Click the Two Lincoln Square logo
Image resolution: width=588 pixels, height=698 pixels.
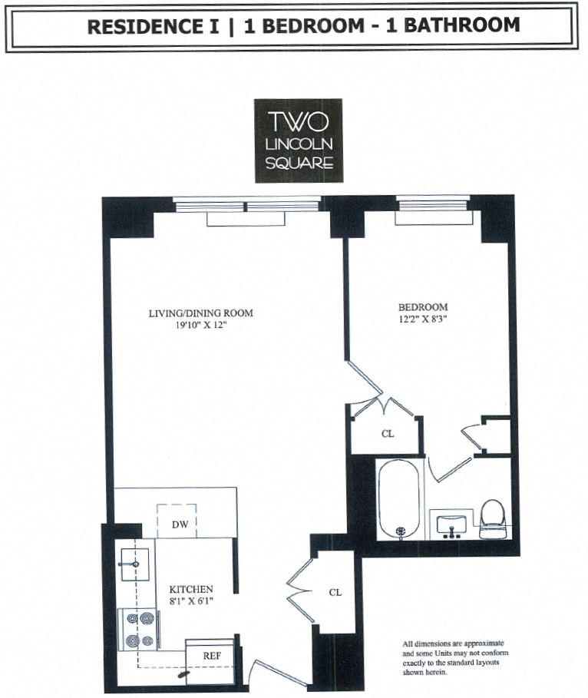299,141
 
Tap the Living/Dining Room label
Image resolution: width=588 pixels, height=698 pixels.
200,313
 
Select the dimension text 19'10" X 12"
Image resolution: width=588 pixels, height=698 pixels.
200,326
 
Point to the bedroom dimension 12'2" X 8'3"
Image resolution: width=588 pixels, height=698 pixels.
423,319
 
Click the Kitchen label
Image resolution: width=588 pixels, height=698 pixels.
190,589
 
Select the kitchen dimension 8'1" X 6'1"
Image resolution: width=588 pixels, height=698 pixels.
190,601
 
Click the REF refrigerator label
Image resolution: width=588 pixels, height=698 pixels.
212,656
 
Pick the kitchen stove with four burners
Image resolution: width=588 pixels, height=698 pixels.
139,627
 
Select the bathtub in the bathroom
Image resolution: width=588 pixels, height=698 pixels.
400,499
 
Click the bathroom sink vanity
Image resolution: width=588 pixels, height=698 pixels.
451,525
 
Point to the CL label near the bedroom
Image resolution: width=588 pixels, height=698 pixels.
388,434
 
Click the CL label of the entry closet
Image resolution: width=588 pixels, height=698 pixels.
335,592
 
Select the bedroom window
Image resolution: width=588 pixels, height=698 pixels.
432,203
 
